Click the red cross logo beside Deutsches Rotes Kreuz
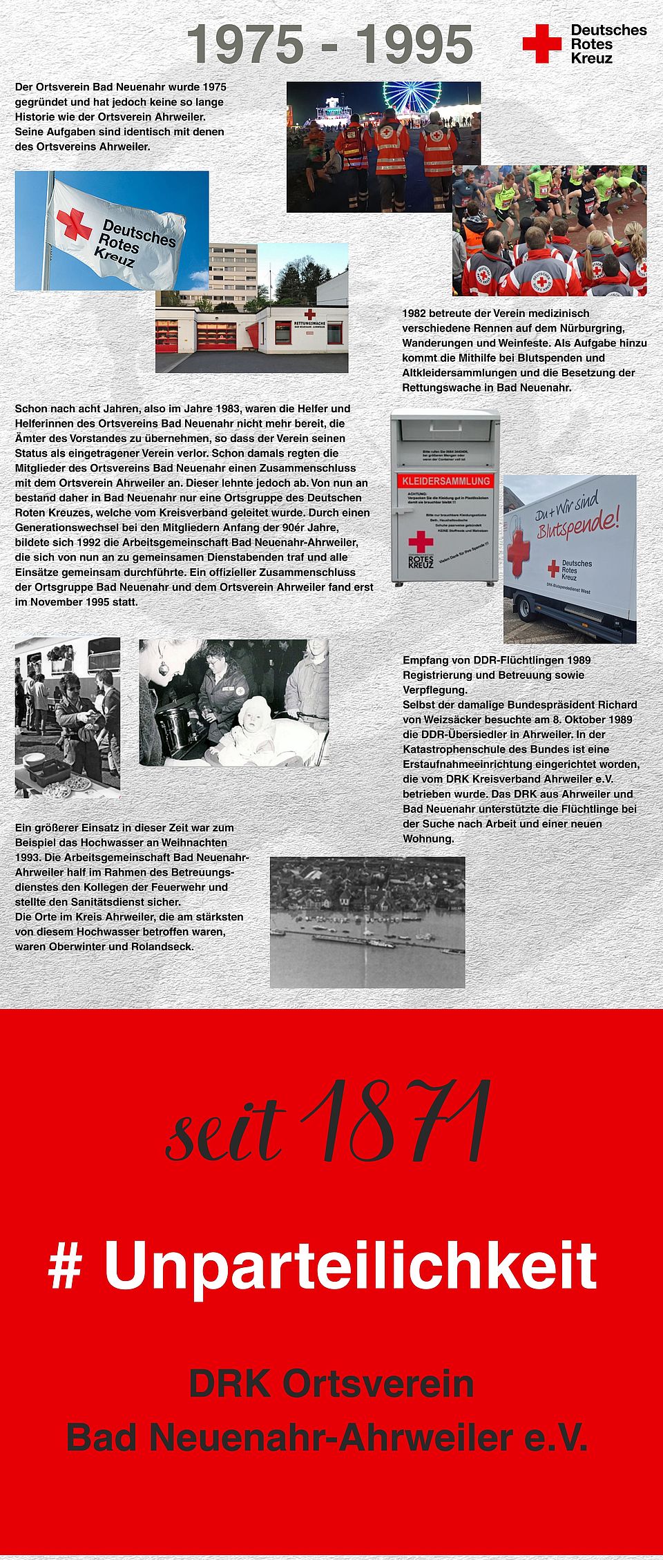[542, 44]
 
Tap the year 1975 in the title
[246, 44]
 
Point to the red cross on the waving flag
[74, 224]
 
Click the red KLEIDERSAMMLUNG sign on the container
[445, 481]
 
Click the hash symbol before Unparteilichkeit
[66, 1265]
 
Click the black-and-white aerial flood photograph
[367, 922]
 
